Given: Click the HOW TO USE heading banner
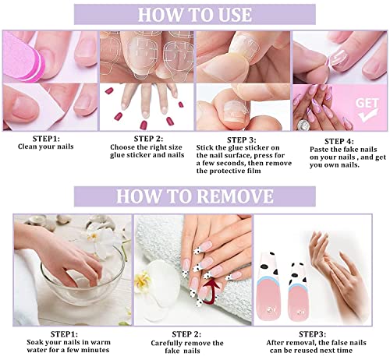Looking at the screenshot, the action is point(195,15).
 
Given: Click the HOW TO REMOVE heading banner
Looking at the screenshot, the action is point(195,196).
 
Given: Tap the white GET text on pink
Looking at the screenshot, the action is point(367,103).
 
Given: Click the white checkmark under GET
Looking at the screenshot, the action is point(368,115).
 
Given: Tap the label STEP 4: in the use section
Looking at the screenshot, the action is point(339,142).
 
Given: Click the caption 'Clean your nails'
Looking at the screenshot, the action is point(46,146).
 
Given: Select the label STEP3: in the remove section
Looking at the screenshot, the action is point(312,334).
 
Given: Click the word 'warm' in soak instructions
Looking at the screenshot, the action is point(101,342).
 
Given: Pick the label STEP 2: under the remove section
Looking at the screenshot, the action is point(186,334).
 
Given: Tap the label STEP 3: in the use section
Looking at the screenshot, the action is point(242,140).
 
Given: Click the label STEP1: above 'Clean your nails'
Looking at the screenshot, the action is point(46,139).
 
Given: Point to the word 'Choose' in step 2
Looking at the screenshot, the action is point(122,147).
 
